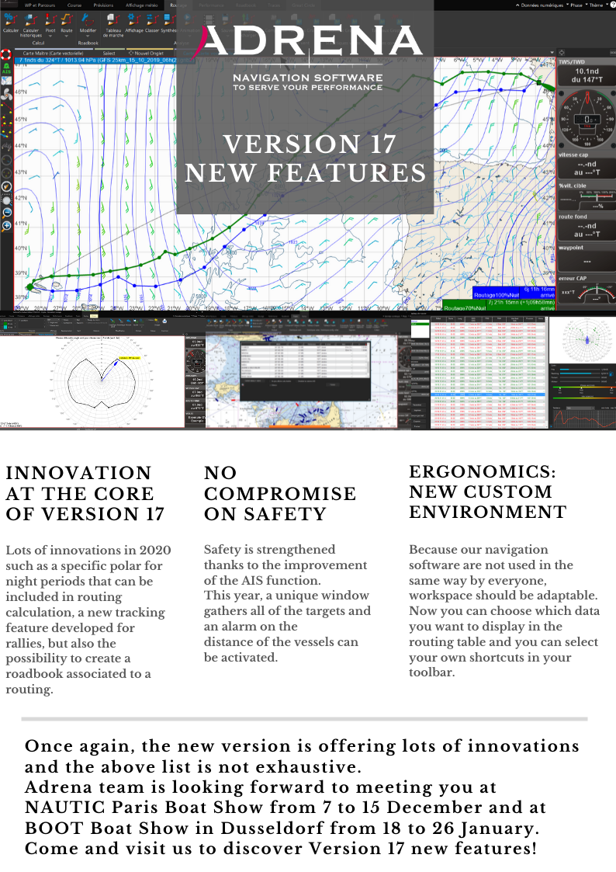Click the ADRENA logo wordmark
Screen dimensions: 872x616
(x=310, y=43)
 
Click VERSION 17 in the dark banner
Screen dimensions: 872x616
(x=310, y=145)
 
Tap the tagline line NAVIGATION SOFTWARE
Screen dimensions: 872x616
(x=308, y=78)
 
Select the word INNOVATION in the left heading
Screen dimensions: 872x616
(x=78, y=473)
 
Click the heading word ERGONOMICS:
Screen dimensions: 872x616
(x=481, y=471)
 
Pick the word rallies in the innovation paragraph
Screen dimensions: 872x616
(x=28, y=642)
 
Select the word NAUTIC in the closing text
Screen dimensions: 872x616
(x=61, y=807)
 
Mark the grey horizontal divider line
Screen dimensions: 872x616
(x=304, y=719)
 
